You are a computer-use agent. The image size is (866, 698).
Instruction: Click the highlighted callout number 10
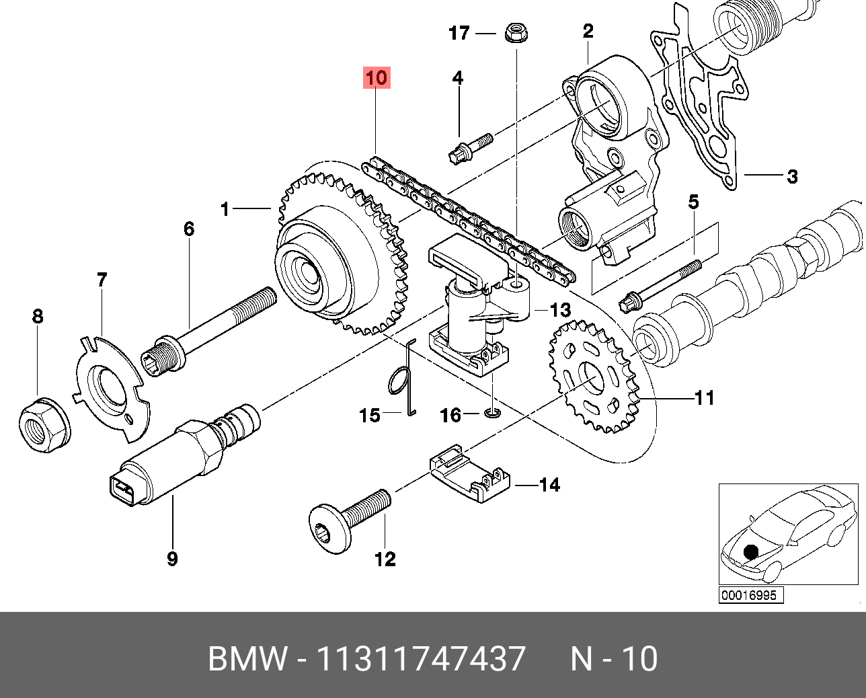(377, 78)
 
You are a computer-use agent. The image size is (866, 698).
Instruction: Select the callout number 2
(588, 31)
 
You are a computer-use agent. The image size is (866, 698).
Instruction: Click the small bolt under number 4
(470, 149)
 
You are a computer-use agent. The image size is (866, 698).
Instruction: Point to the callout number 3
(793, 177)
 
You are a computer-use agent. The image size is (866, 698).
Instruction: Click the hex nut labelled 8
(42, 424)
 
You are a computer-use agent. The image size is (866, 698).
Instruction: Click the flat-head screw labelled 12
(350, 518)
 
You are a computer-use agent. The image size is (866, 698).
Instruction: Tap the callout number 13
(560, 311)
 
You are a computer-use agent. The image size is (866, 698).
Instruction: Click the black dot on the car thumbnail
(751, 552)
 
